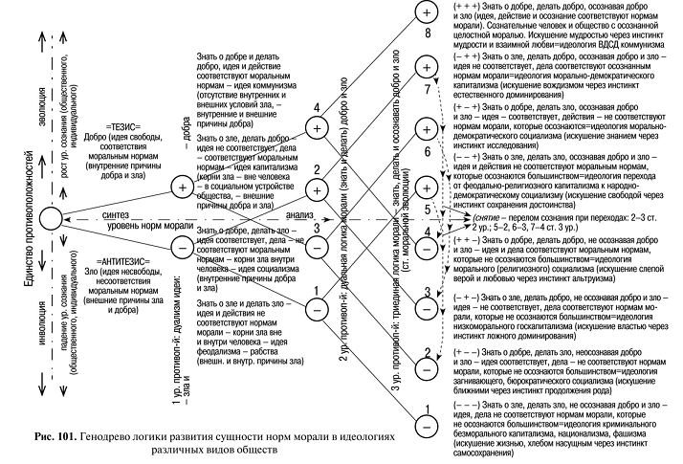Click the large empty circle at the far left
pyautogui.click(x=52, y=219)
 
